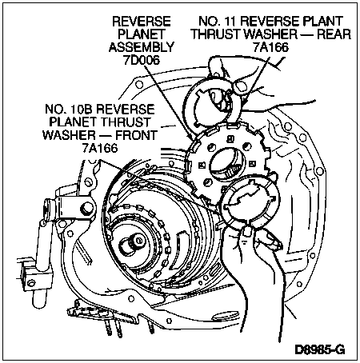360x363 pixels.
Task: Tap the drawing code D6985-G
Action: (319, 349)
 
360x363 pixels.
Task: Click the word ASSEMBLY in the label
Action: (142, 47)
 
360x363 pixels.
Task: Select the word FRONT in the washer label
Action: (136, 135)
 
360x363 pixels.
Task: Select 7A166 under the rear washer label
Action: (271, 47)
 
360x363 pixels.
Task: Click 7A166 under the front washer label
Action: (100, 148)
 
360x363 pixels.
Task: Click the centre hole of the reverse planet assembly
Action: (226, 164)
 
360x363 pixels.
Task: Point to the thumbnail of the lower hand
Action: (247, 231)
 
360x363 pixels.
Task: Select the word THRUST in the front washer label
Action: (126, 122)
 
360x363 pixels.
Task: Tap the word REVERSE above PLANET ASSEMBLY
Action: (142, 21)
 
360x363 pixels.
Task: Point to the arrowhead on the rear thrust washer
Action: (245, 103)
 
